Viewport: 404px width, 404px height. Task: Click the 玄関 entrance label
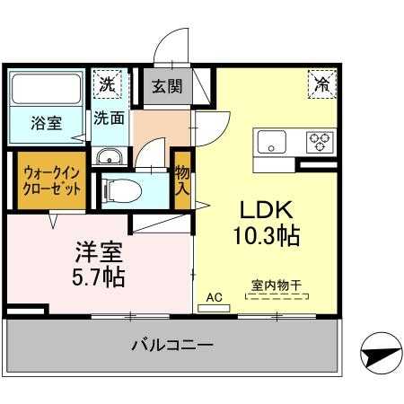pyautogui.click(x=167, y=86)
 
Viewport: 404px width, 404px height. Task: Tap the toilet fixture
pyautogui.click(x=122, y=190)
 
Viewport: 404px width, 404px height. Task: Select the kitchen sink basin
pyautogui.click(x=272, y=142)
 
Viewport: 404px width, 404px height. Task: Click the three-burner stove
pyautogui.click(x=320, y=143)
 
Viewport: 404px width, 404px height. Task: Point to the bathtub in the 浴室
pyautogui.click(x=46, y=89)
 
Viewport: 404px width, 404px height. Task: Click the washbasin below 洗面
pyautogui.click(x=109, y=156)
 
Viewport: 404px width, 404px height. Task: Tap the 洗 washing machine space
pyautogui.click(x=108, y=84)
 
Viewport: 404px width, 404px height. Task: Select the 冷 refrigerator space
pyautogui.click(x=322, y=84)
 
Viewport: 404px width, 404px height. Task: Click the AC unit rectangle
pyautogui.click(x=214, y=308)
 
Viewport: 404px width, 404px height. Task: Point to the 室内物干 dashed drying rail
pyautogui.click(x=277, y=296)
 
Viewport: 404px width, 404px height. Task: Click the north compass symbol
pyautogui.click(x=381, y=354)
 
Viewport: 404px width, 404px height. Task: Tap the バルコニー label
pyautogui.click(x=172, y=346)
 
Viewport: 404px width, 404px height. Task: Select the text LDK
pyautogui.click(x=267, y=210)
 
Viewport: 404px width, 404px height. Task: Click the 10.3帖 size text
pyautogui.click(x=266, y=236)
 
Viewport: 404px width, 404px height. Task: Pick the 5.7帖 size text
pyautogui.click(x=98, y=277)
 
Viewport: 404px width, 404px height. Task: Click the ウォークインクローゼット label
pyautogui.click(x=51, y=181)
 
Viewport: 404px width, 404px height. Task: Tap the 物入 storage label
pyautogui.click(x=182, y=180)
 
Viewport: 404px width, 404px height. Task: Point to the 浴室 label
pyautogui.click(x=47, y=123)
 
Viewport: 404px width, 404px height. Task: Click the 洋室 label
pyautogui.click(x=99, y=252)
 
